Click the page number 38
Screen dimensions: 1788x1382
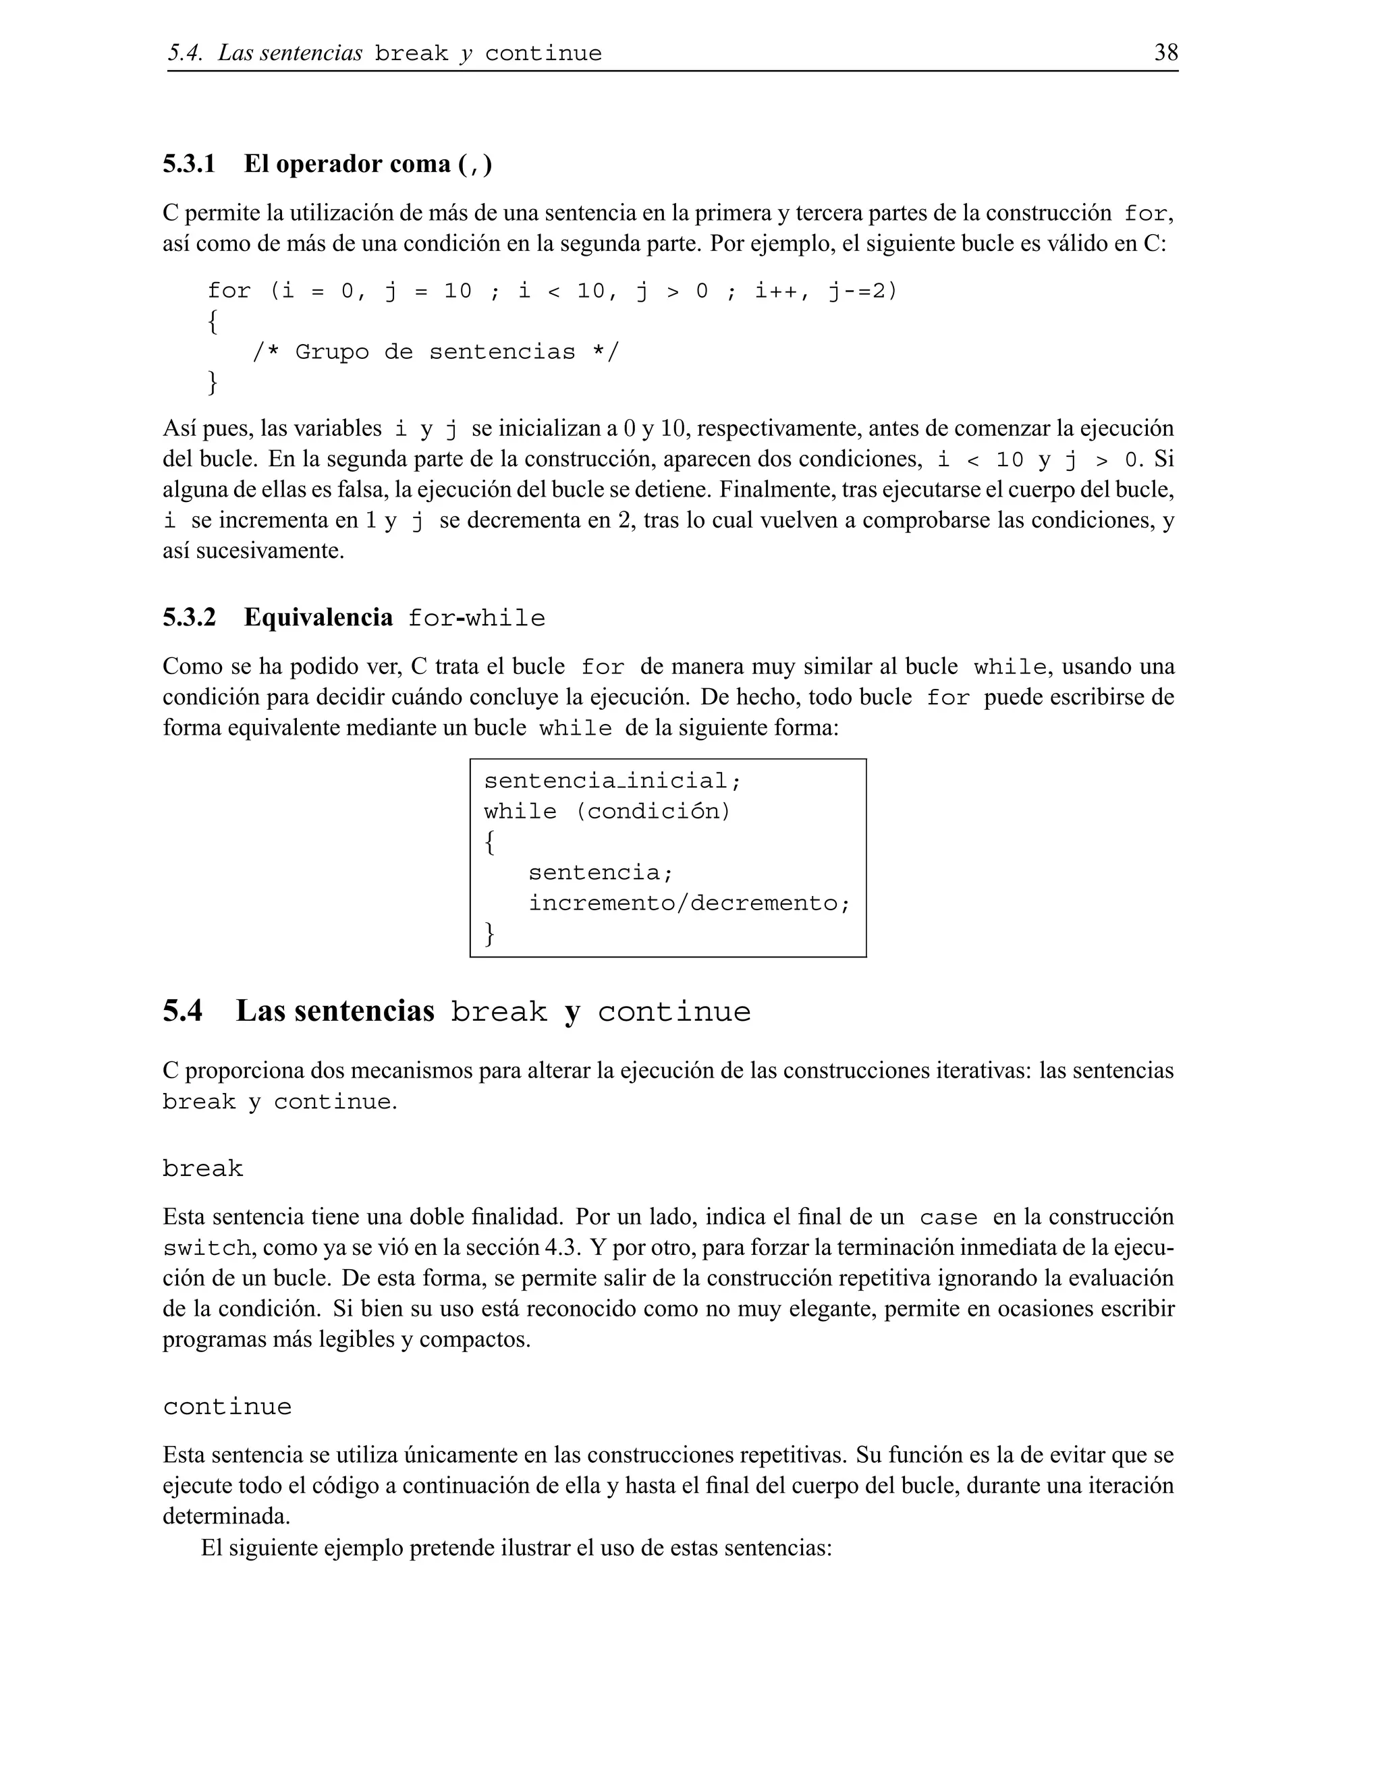[x=1166, y=53]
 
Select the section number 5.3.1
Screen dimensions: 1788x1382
[x=189, y=164]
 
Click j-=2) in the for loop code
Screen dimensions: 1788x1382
[x=863, y=291]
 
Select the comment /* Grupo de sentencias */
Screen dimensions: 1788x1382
[x=435, y=352]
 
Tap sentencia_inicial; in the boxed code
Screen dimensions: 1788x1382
[x=613, y=781]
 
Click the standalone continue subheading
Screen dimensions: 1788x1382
[x=227, y=1407]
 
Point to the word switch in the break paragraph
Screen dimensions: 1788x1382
[x=206, y=1248]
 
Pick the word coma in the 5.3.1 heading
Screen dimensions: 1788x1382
[x=420, y=164]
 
